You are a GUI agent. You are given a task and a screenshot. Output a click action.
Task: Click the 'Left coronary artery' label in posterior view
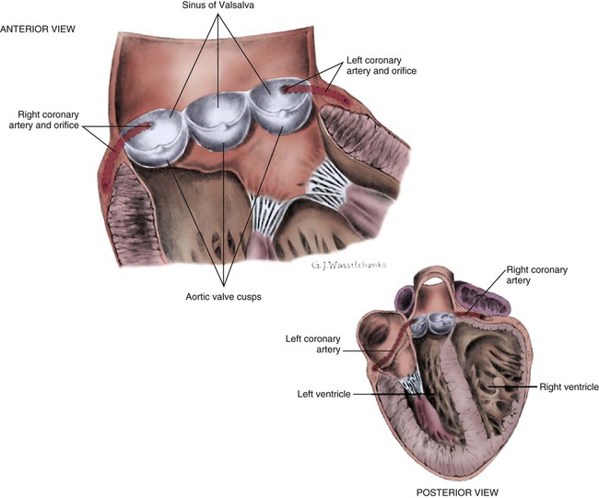(312, 343)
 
